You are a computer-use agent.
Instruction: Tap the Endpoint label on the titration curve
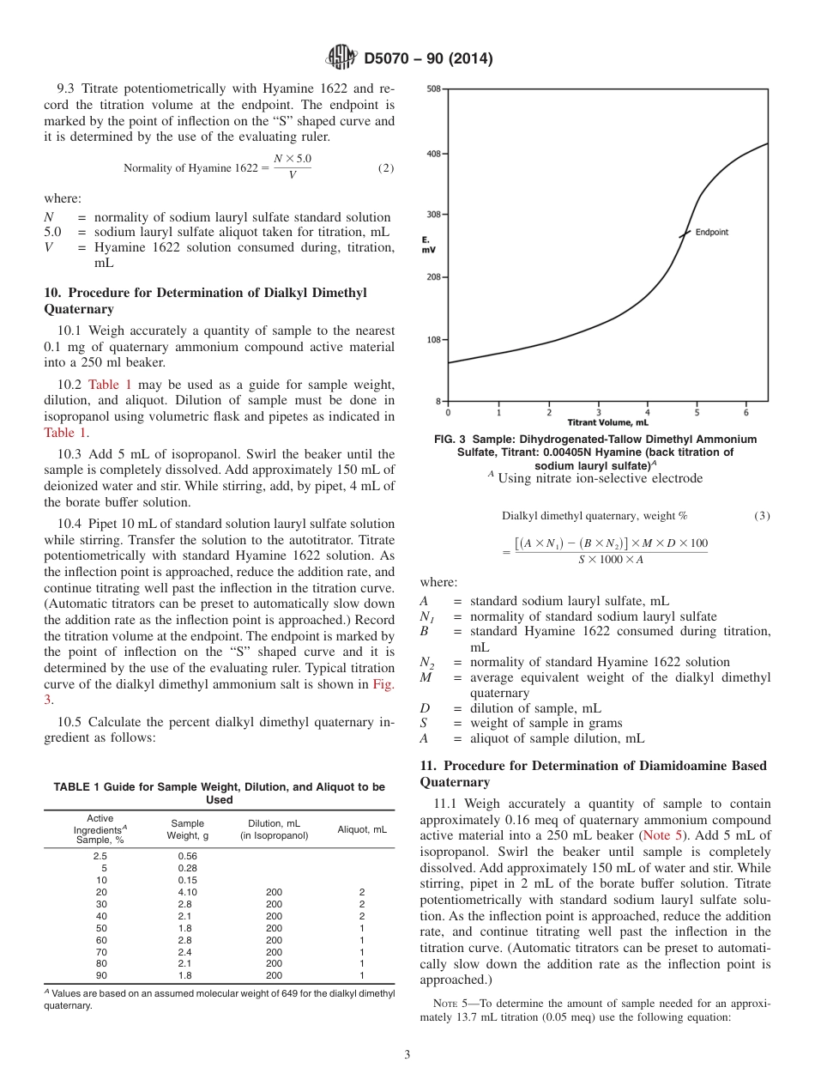pos(711,232)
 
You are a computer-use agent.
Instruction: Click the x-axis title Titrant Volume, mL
pos(607,422)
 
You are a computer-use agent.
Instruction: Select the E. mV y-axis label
pos(428,245)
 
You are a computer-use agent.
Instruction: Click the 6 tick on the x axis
pos(746,413)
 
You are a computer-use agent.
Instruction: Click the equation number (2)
pos(386,167)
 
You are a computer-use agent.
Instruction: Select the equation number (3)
pos(762,515)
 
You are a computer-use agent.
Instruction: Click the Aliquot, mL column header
pos(362,830)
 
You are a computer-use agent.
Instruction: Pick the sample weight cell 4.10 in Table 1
pos(187,893)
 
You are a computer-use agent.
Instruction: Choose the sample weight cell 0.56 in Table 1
pos(187,856)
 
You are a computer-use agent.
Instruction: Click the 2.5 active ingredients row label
pos(100,856)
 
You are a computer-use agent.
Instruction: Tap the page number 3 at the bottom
pos(407,1054)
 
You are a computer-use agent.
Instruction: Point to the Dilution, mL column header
pos(274,830)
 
